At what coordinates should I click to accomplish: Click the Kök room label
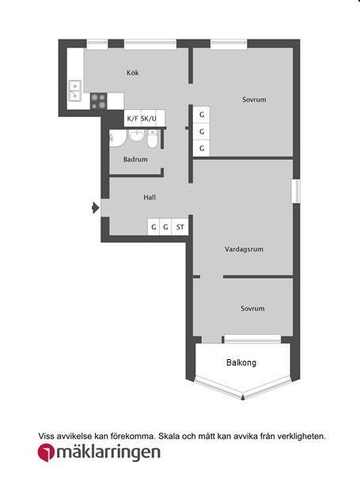(133, 73)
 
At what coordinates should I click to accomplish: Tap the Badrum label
(135, 159)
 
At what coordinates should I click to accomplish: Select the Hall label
(150, 197)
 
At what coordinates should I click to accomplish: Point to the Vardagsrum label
(244, 249)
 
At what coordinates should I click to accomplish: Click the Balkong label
(241, 362)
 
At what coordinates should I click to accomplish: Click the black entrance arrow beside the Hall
(96, 207)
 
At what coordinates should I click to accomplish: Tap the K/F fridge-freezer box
(132, 119)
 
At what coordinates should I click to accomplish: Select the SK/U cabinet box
(149, 119)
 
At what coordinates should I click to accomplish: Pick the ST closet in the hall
(180, 227)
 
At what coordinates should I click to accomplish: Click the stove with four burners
(99, 101)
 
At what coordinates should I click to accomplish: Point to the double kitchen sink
(74, 91)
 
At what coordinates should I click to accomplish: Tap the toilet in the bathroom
(153, 139)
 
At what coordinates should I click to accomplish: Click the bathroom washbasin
(137, 135)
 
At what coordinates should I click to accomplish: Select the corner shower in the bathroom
(118, 138)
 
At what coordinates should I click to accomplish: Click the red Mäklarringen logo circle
(46, 453)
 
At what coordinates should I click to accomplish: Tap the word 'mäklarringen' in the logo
(108, 453)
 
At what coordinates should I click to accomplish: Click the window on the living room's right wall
(296, 191)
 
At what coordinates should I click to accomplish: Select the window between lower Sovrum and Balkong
(252, 339)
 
